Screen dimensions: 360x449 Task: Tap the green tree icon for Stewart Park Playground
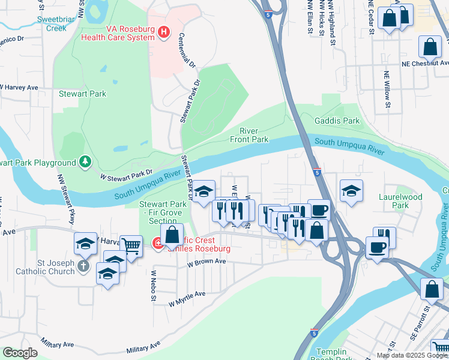[86, 162]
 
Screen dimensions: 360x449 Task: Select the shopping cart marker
[131, 244]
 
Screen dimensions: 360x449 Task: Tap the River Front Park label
[249, 135]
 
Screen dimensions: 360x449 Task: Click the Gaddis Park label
[337, 121]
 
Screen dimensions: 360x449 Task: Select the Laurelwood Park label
[400, 201]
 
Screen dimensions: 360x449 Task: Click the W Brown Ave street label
[206, 262]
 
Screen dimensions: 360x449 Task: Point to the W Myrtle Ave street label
[187, 297]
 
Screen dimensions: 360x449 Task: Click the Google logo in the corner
[20, 353]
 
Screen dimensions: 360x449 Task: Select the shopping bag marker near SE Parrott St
[432, 289]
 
